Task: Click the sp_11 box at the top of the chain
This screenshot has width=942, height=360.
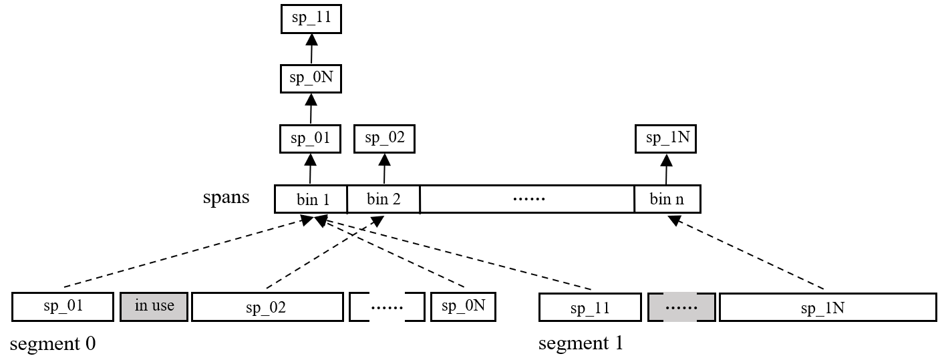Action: (x=311, y=19)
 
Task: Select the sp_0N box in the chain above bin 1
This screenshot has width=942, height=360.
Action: (x=311, y=79)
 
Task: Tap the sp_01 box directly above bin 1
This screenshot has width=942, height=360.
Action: (x=311, y=139)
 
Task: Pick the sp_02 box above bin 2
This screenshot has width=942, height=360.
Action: (x=384, y=139)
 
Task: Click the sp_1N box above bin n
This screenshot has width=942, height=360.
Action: (x=665, y=139)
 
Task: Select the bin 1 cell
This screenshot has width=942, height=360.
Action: (x=311, y=199)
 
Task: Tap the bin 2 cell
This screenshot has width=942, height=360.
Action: (x=383, y=199)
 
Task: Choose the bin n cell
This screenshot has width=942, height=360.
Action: (x=667, y=199)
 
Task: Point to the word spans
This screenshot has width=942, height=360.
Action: (x=226, y=197)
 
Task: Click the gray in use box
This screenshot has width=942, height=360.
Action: (x=154, y=307)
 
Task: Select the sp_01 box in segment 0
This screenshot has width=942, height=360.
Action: (x=63, y=307)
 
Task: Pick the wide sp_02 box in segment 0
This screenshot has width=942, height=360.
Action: (x=267, y=307)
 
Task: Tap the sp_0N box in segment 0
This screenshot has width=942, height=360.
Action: (x=464, y=307)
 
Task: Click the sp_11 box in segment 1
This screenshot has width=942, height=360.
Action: (x=590, y=307)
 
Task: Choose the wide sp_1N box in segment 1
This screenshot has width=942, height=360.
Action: (x=828, y=307)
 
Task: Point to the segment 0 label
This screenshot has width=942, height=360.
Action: (x=53, y=343)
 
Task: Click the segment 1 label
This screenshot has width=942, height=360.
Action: (x=581, y=343)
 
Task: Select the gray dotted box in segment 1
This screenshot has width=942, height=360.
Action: (x=681, y=307)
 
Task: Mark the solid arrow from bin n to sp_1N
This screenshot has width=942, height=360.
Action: (x=667, y=170)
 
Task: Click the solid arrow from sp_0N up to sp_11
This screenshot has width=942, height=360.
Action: (x=311, y=49)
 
